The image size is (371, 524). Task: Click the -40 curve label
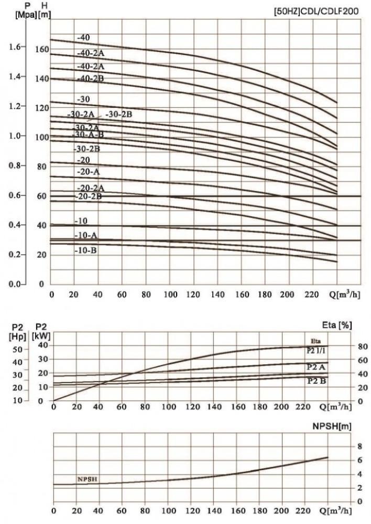83,38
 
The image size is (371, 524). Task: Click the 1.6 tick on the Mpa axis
16,47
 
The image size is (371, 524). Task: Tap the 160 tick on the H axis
41,50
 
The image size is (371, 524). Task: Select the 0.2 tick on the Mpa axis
16,255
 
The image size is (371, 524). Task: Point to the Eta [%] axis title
339,325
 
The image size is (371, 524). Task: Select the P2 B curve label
316,381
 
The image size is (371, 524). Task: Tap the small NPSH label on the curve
87,479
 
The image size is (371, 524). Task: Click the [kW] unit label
42,336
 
